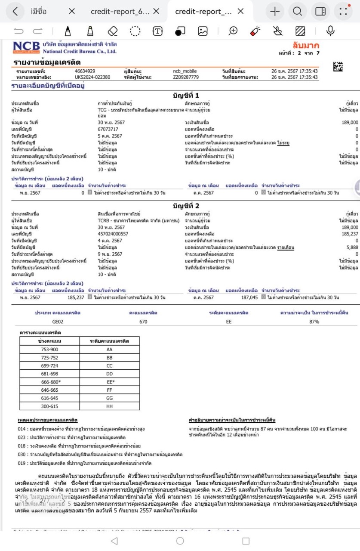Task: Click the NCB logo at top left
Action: tap(27, 47)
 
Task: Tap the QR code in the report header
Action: tap(338, 67)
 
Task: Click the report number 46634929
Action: tap(85, 71)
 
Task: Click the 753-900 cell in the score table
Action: tap(49, 350)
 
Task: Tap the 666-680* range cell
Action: tap(49, 381)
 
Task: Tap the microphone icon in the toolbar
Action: tap(330, 31)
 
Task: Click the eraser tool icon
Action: tap(113, 31)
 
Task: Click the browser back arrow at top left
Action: tap(15, 12)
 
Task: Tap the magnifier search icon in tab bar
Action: tap(297, 12)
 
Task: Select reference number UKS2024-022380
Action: tap(92, 77)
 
